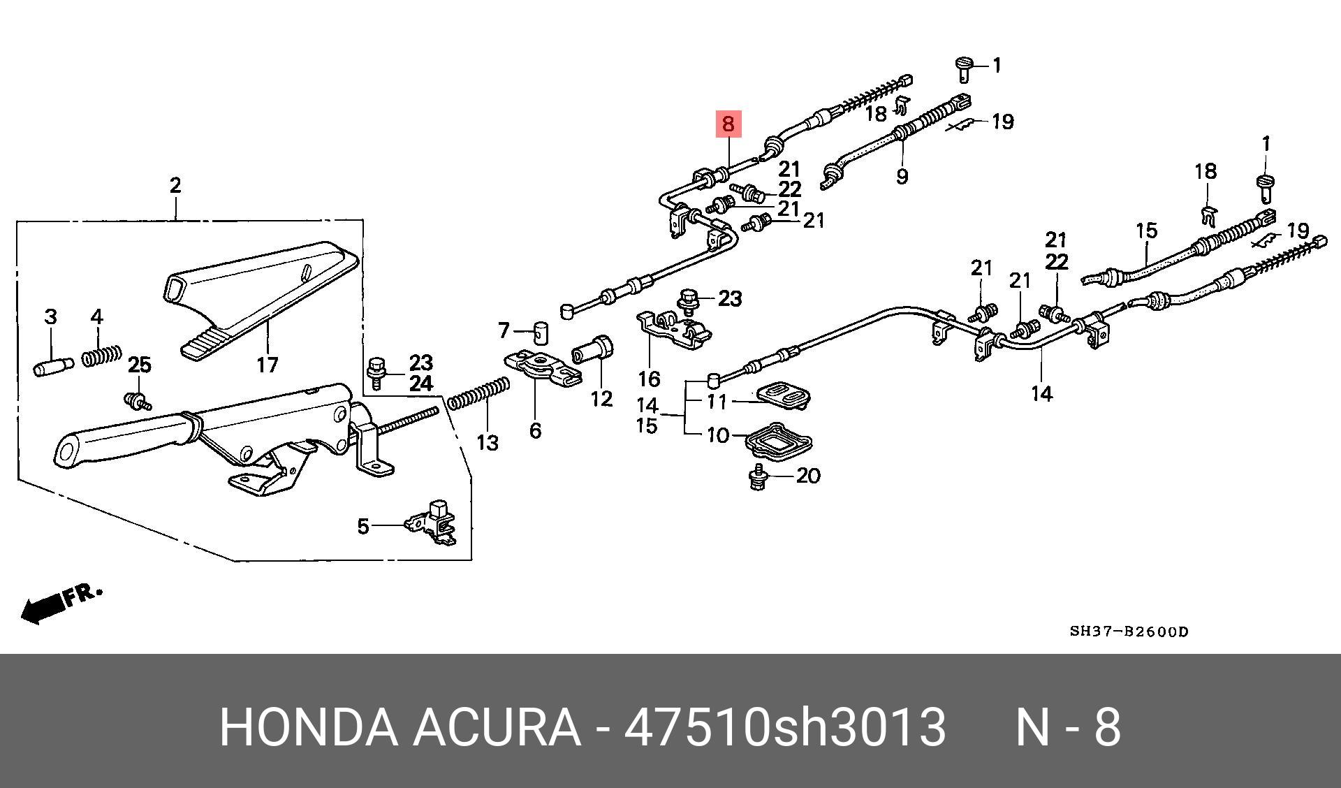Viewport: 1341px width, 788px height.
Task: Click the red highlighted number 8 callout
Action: click(728, 124)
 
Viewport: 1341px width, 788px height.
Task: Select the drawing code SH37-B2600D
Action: click(1129, 632)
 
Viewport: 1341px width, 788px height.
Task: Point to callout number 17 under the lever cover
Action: click(267, 364)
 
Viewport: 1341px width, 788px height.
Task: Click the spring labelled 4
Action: click(102, 356)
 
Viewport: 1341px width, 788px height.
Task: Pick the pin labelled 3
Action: click(53, 365)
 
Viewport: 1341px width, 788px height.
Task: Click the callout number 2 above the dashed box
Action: click(175, 185)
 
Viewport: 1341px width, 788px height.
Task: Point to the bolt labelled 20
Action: click(756, 479)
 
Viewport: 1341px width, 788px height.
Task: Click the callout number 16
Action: click(649, 379)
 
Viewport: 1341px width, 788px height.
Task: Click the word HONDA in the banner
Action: click(307, 727)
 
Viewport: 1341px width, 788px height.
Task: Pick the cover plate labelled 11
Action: click(782, 395)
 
